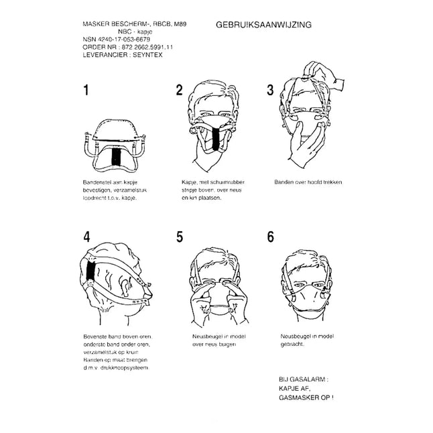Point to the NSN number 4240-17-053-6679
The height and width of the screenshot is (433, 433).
(118, 40)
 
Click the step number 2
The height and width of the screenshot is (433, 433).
(179, 90)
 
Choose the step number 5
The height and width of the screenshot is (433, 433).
(180, 237)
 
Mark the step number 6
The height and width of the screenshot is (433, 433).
(270, 237)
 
